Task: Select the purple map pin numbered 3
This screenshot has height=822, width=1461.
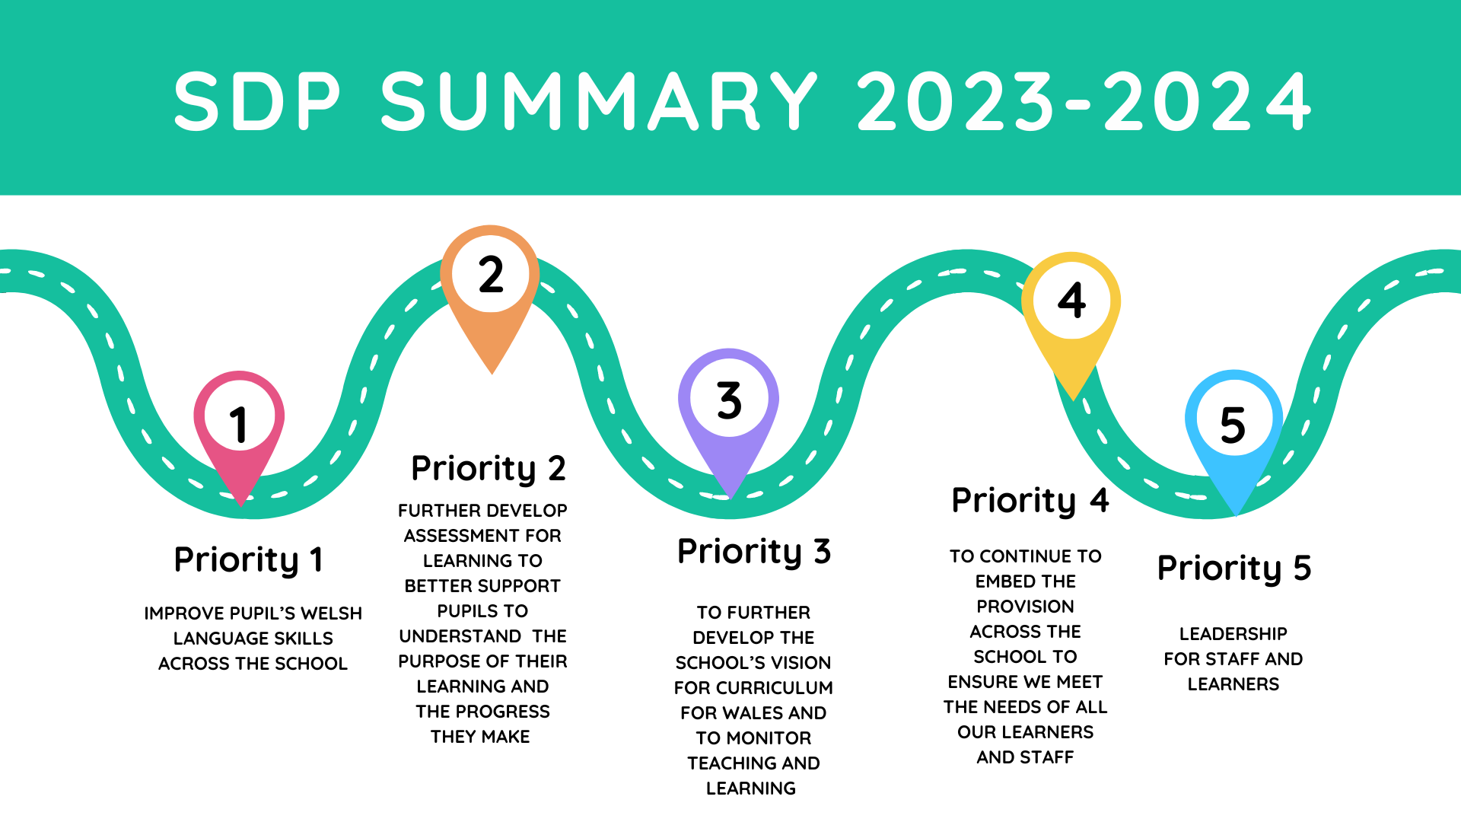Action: pyautogui.click(x=728, y=403)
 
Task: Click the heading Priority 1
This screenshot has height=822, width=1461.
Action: pyautogui.click(x=249, y=560)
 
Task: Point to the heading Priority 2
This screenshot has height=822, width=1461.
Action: pyautogui.click(x=488, y=469)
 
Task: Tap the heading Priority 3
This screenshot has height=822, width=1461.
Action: pyautogui.click(x=753, y=552)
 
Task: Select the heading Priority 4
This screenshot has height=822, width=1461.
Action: pyautogui.click(x=1030, y=501)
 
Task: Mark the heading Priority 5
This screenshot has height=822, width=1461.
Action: pyautogui.click(x=1233, y=569)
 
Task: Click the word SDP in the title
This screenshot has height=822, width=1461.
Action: pyautogui.click(x=257, y=101)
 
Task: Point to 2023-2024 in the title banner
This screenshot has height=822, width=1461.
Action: pyautogui.click(x=1084, y=101)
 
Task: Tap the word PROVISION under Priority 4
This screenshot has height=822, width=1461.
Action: pyautogui.click(x=1025, y=607)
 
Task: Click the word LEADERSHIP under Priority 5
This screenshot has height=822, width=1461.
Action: pyautogui.click(x=1233, y=634)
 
